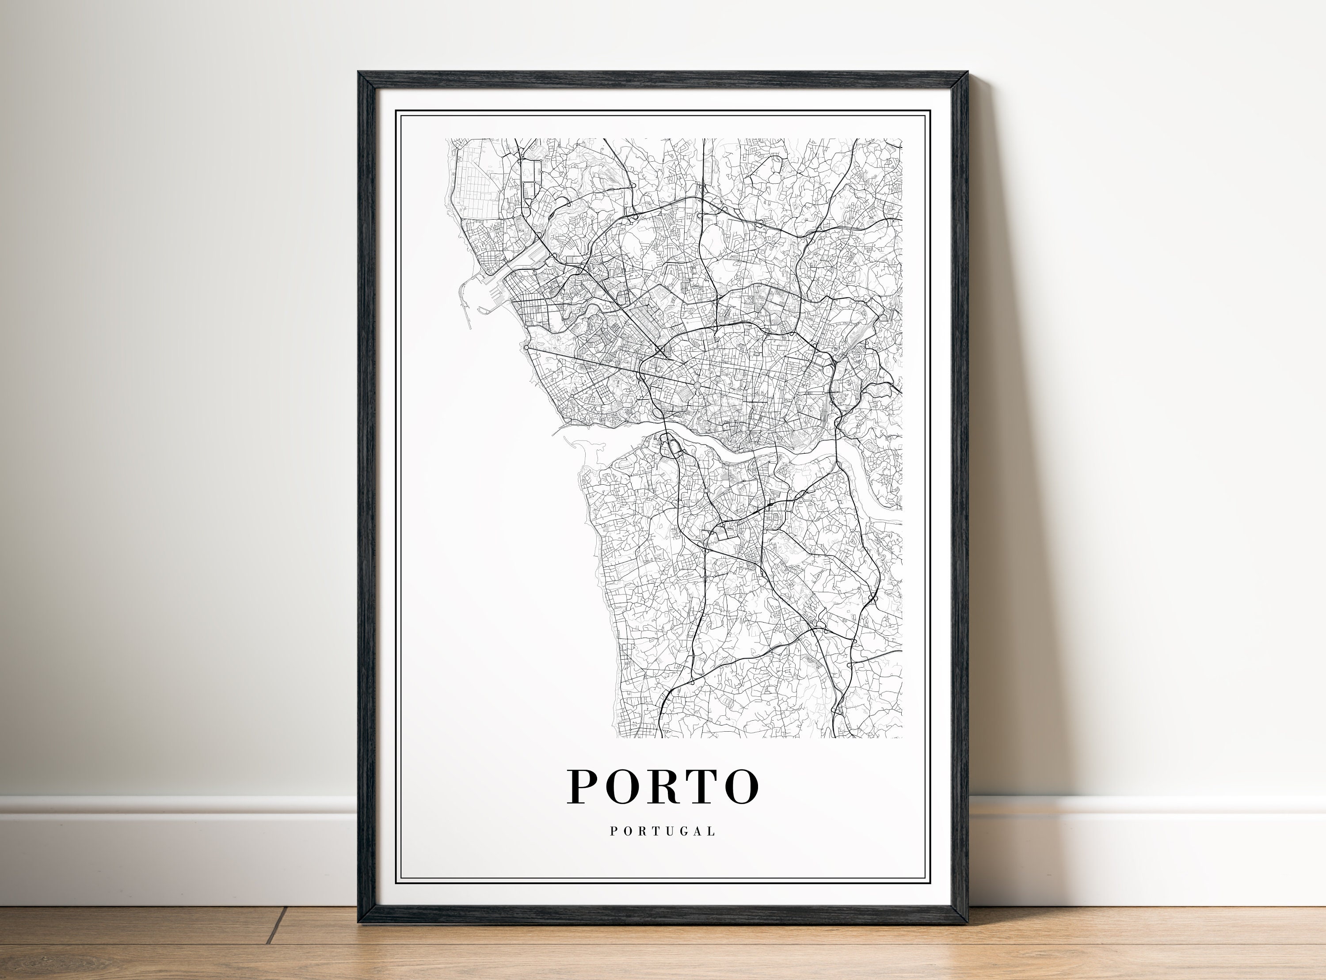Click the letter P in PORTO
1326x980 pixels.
click(x=583, y=786)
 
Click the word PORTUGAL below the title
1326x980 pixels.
click(x=663, y=832)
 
